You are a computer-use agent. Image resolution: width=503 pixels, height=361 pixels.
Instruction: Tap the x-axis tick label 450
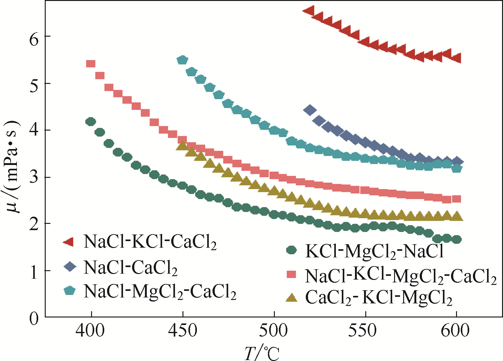182,331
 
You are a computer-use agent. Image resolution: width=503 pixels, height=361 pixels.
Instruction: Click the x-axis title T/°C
261,353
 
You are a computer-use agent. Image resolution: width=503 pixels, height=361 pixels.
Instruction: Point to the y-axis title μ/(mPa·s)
13,166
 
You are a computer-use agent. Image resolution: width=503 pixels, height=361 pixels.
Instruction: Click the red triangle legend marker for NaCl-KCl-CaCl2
69,242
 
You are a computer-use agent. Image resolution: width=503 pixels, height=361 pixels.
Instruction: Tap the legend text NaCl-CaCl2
131,268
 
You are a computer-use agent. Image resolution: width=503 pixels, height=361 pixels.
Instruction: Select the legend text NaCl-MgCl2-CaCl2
160,291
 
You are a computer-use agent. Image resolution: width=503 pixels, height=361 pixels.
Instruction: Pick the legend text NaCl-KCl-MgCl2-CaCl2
401,276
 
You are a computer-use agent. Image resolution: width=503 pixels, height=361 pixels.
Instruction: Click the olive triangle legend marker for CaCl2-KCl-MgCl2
292,297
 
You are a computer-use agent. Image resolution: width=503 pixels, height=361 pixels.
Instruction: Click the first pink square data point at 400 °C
90,64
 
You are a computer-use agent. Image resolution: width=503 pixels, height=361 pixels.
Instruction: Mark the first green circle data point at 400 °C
91,122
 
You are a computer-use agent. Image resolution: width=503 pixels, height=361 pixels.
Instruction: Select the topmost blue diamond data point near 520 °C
310,110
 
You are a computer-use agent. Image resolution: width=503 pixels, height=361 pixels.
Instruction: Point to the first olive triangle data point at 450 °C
182,145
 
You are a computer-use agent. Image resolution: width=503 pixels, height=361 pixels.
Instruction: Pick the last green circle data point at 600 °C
457,240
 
